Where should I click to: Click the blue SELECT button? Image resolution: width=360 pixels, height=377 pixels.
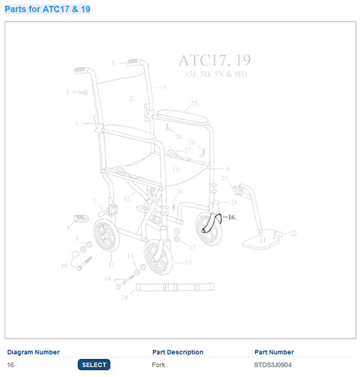pos(94,365)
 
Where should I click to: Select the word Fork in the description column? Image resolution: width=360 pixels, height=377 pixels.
pos(158,365)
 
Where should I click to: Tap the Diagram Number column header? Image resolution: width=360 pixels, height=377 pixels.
pos(33,352)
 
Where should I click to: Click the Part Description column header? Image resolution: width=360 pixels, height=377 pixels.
pos(177,352)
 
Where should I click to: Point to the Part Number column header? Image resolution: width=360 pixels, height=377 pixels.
pos(274,352)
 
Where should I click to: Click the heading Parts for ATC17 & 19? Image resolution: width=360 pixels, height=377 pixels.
pos(49,9)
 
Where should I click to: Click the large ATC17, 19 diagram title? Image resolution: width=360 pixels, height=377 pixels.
pos(214,60)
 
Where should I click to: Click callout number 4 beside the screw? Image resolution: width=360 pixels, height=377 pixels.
pos(68,92)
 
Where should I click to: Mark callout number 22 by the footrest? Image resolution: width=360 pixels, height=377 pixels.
pos(294,233)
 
